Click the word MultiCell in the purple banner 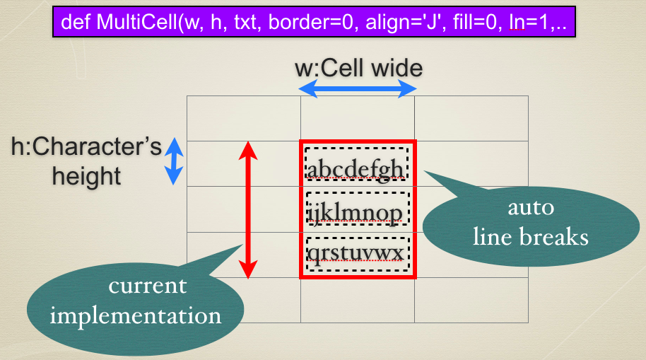pyautogui.click(x=137, y=22)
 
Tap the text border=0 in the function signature pyautogui.click(x=311, y=22)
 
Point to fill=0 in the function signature pyautogui.click(x=475, y=22)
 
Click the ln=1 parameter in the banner pyautogui.click(x=529, y=22)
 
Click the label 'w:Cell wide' pyautogui.click(x=359, y=68)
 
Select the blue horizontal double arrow pyautogui.click(x=358, y=88)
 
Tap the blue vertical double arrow pyautogui.click(x=174, y=161)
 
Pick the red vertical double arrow pyautogui.click(x=248, y=210)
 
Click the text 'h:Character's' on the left pyautogui.click(x=86, y=146)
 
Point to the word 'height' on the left pyautogui.click(x=86, y=177)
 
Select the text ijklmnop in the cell pyautogui.click(x=355, y=213)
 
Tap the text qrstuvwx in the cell pyautogui.click(x=355, y=253)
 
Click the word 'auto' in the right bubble pyautogui.click(x=531, y=207)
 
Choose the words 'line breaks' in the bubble pyautogui.click(x=531, y=237)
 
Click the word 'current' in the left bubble pyautogui.click(x=148, y=286)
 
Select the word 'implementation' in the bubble pyautogui.click(x=136, y=317)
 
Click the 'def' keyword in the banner pyautogui.click(x=76, y=22)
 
